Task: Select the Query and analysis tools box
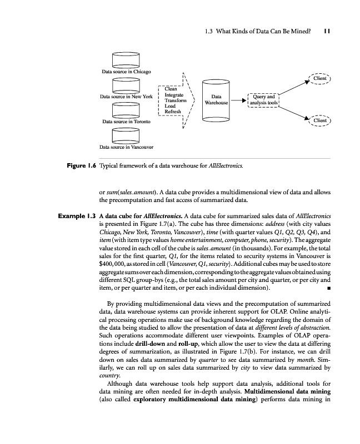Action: [x=263, y=99]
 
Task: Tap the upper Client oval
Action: [x=320, y=79]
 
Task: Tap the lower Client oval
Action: [x=320, y=120]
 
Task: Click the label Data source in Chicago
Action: [x=126, y=72]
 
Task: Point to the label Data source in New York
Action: [x=126, y=97]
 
